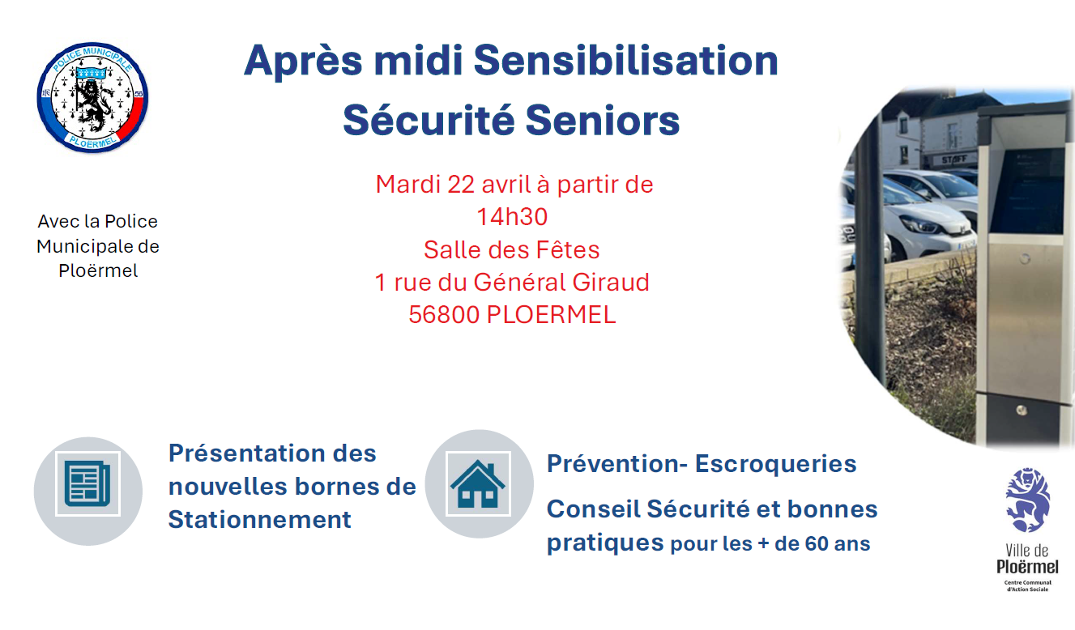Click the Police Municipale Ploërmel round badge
tap(92, 97)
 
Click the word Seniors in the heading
tap(602, 120)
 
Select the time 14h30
tap(512, 217)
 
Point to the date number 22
tap(461, 185)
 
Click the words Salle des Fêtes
tap(512, 249)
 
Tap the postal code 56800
tap(444, 315)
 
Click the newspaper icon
tap(87, 483)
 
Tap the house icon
tap(478, 483)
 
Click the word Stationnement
tap(259, 520)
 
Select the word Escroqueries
tap(775, 464)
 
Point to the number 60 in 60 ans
tap(817, 543)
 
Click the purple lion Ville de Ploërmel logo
tap(1027, 500)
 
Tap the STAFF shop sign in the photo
tap(954, 160)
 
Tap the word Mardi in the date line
tap(408, 185)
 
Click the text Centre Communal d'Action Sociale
tap(1027, 585)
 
